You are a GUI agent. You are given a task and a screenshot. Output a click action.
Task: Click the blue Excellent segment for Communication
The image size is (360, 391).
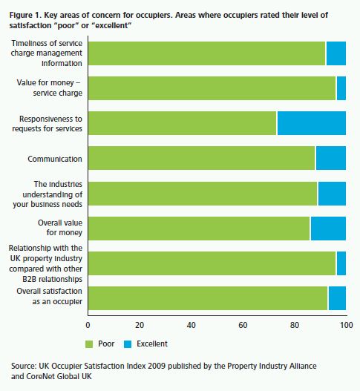331,158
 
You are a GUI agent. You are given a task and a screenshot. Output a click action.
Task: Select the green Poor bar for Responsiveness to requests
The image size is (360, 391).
183,123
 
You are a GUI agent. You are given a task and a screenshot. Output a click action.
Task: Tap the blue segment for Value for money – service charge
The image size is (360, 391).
341,88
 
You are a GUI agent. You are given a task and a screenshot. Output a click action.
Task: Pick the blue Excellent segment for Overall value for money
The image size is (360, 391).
328,229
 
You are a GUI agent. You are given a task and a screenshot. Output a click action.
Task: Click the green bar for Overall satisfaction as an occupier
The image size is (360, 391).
208,298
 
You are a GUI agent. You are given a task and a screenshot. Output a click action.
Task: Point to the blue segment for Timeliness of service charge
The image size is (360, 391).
336,53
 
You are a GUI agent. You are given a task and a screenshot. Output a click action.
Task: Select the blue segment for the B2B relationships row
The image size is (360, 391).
341,263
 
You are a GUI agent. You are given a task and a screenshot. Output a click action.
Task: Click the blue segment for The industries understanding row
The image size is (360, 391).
332,194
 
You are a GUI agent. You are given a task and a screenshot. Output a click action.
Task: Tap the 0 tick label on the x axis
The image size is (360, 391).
88,325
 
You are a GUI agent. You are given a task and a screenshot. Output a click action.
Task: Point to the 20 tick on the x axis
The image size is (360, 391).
140,325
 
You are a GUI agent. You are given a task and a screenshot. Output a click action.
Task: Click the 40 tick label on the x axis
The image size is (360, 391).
191,325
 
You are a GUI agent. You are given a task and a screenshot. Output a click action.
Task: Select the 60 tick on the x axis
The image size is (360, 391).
243,325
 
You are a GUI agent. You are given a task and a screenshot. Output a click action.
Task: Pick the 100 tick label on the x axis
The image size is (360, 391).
347,325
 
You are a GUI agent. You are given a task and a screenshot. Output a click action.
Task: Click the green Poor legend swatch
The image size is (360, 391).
89,344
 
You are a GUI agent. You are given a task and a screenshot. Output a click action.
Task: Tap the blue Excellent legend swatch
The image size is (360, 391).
128,344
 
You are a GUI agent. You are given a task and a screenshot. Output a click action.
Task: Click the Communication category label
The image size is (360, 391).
55,159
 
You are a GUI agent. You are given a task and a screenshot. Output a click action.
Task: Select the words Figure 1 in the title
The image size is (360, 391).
25,16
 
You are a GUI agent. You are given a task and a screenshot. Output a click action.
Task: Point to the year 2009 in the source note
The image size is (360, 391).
157,366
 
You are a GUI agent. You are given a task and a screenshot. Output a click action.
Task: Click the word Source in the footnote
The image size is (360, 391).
24,366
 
